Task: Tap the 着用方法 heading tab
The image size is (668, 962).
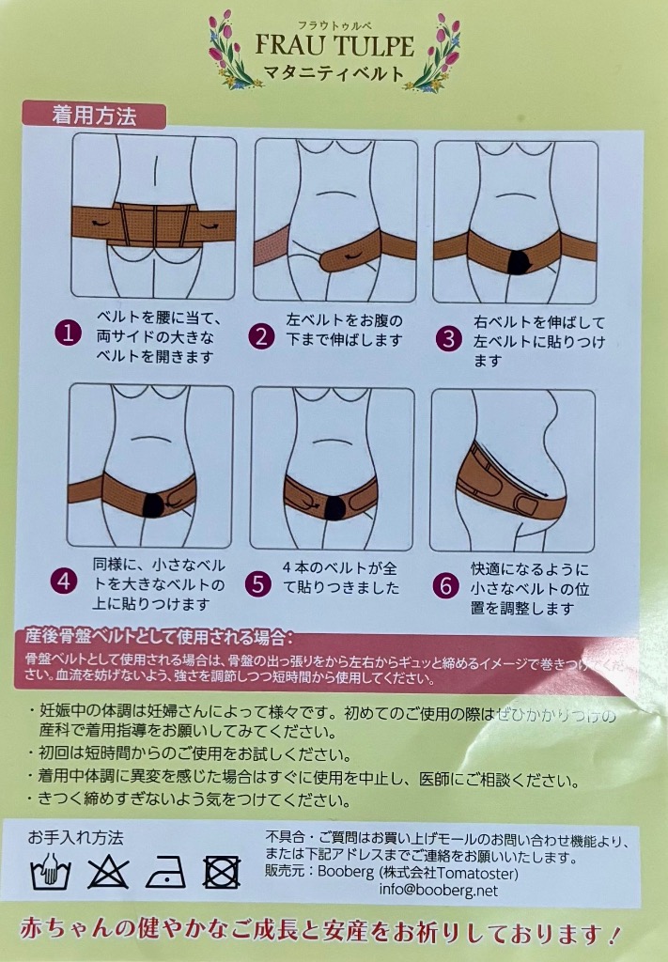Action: (x=94, y=116)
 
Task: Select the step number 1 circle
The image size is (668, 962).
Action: (x=69, y=333)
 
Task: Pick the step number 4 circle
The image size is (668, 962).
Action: (x=65, y=581)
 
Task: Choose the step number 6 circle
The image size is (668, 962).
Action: (x=448, y=584)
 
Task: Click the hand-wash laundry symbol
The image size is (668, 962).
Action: (x=50, y=872)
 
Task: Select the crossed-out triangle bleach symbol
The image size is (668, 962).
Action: (x=106, y=872)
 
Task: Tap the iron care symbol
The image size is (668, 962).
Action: (x=164, y=872)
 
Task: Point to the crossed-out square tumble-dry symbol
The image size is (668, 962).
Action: (x=222, y=872)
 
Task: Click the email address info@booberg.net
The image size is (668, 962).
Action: (x=438, y=890)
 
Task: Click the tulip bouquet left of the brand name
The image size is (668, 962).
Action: (x=232, y=52)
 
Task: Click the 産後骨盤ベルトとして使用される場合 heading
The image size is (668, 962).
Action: (x=162, y=640)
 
